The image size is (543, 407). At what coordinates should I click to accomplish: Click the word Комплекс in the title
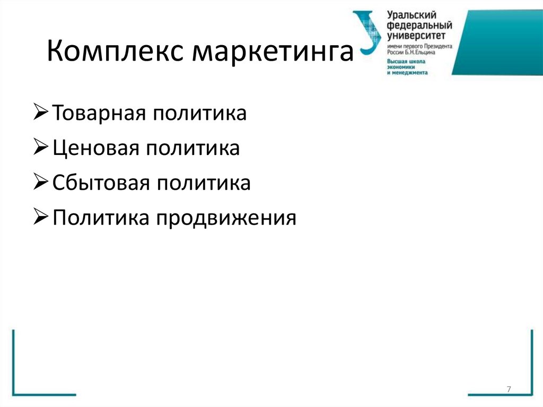click(116, 54)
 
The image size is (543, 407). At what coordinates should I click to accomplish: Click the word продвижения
click(225, 218)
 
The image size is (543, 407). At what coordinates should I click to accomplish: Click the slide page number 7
click(509, 389)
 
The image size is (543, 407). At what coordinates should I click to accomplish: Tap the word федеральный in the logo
click(419, 26)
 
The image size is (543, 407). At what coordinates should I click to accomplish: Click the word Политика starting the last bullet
click(101, 218)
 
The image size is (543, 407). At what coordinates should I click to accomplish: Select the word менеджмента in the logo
click(409, 73)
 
